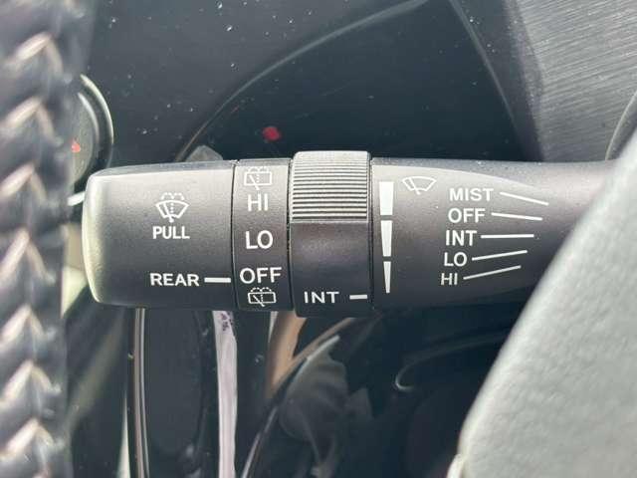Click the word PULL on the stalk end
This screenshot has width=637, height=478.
pos(171,232)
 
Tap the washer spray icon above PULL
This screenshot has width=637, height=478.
pos(171,206)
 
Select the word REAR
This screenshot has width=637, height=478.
pos(175,280)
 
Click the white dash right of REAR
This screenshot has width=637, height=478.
pos(217,280)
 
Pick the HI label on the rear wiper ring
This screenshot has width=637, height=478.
pos(258,202)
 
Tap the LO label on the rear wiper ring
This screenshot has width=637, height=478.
pos(259,240)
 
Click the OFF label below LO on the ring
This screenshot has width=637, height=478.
pos(261,276)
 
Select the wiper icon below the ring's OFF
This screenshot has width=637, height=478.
pos(262,297)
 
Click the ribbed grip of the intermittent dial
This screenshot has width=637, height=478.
pos(329,186)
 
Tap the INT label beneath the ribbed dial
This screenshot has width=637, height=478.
pos(321,298)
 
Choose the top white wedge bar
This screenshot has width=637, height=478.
pos(386,198)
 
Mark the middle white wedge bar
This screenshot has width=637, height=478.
pos(387,239)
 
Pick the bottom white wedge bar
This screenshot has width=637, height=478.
pos(387,277)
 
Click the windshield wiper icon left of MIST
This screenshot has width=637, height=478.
pos(419,185)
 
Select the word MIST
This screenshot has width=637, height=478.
pos(471,195)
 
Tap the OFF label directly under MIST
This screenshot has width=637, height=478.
pos(467,215)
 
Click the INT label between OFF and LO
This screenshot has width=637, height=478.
pos(461,238)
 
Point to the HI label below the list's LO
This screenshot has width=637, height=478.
pos(449,279)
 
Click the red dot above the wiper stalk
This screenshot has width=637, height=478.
pos(272,133)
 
